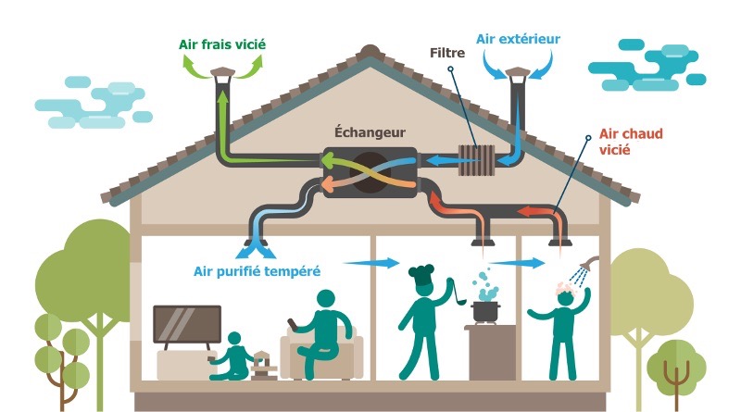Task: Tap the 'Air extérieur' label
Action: [x=518, y=39]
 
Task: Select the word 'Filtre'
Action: [x=446, y=53]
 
